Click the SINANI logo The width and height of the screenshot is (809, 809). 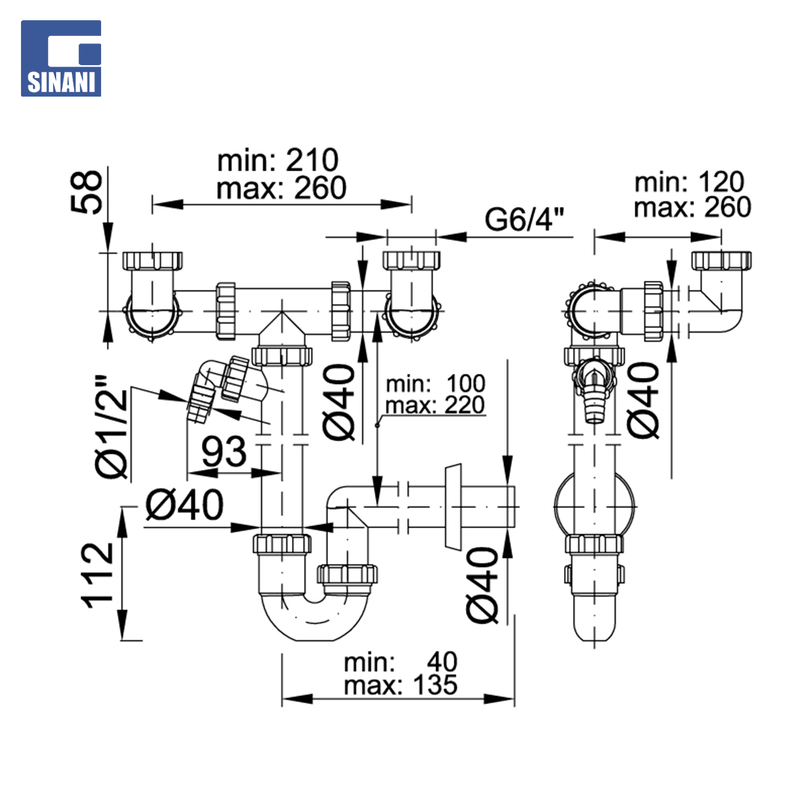pyautogui.click(x=61, y=58)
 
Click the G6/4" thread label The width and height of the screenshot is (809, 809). pyautogui.click(x=524, y=219)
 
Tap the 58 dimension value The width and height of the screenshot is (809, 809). pyautogui.click(x=86, y=192)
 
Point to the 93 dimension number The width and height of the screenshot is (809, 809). pyautogui.click(x=224, y=452)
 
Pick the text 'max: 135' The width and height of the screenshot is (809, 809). pyautogui.click(x=400, y=685)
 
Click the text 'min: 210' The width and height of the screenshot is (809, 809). pyautogui.click(x=278, y=160)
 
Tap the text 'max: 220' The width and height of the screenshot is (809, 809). pyautogui.click(x=435, y=405)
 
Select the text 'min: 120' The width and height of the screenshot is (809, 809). pyautogui.click(x=689, y=182)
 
